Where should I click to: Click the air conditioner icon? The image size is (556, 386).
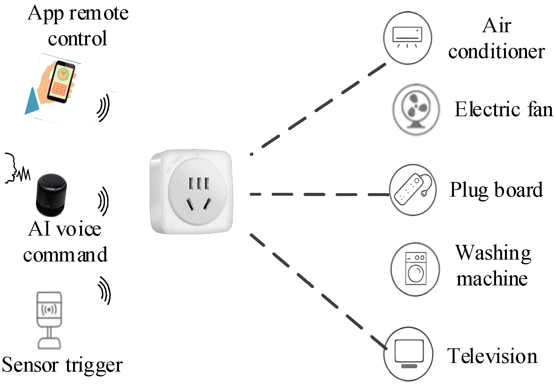407,38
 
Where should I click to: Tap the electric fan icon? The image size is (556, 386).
416,109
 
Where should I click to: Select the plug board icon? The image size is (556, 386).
413,190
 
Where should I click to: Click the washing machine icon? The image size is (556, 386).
415,269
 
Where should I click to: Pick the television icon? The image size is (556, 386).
408,354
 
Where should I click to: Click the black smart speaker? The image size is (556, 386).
51,195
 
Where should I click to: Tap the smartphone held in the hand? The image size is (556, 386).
61,81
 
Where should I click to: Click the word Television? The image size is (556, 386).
492,356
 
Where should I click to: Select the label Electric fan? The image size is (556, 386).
503,110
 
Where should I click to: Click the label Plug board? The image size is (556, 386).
496,190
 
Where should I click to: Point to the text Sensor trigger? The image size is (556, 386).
62,365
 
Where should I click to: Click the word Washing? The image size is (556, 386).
493,253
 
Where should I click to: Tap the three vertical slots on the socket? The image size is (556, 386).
198,184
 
